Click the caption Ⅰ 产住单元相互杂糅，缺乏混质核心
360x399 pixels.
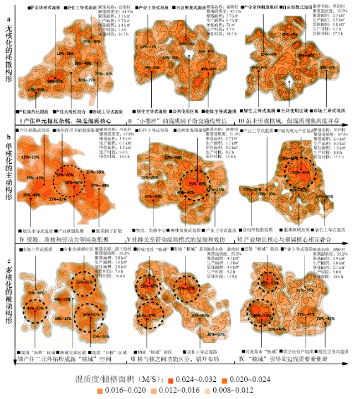pyautogui.click(x=65, y=118)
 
